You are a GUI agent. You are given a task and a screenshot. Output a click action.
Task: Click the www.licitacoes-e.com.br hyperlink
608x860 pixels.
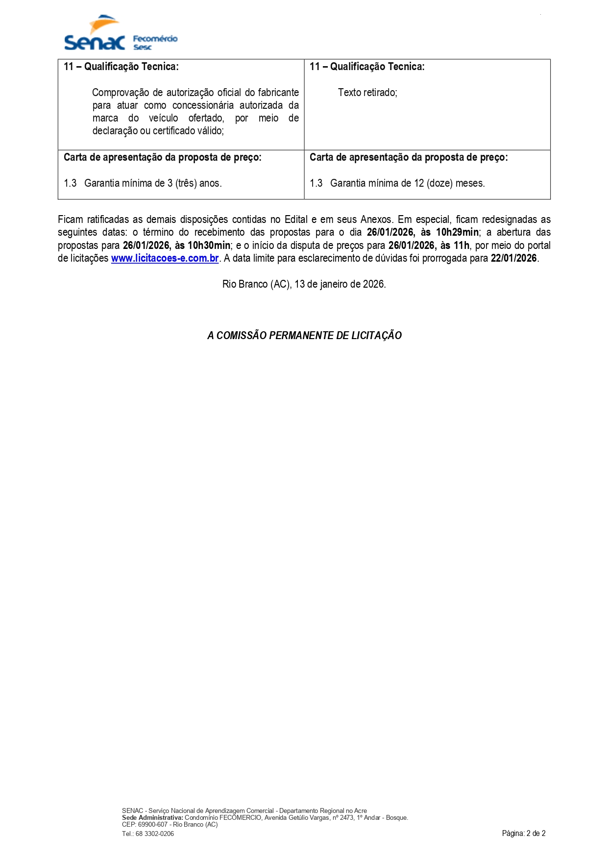coord(165,258)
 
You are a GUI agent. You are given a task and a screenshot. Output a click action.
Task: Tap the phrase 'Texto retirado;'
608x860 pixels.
coord(367,93)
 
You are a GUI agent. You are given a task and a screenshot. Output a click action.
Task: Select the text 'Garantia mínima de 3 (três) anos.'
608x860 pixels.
coord(153,183)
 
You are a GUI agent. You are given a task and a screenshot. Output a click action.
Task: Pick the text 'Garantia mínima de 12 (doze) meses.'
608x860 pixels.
coord(407,183)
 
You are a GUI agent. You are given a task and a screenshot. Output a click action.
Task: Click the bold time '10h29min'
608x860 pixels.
coord(457,232)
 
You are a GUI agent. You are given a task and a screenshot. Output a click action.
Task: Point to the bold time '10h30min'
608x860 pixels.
coord(209,246)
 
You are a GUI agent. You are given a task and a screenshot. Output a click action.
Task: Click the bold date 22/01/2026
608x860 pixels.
coord(513,258)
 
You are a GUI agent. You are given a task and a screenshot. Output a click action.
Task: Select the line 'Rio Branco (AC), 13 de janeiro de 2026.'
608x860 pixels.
coord(304,284)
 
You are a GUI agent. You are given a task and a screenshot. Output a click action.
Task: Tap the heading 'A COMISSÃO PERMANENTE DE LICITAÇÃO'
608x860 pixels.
coord(304,336)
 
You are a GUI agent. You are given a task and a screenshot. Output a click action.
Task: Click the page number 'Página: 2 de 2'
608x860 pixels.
coord(523,833)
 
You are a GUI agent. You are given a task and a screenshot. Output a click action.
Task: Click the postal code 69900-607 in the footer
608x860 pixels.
coord(153,824)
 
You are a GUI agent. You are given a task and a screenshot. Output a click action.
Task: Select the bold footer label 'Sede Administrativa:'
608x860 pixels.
coord(152,817)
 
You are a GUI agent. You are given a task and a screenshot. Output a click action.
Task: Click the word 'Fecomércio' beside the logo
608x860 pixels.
coord(155,39)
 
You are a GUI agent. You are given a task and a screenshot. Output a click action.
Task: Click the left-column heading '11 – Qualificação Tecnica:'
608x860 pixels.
coord(121,67)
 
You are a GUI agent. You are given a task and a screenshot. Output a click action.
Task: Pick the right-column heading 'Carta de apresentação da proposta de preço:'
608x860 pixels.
coord(409,157)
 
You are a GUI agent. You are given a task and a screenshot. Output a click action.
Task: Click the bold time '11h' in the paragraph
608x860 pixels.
coord(461,246)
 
